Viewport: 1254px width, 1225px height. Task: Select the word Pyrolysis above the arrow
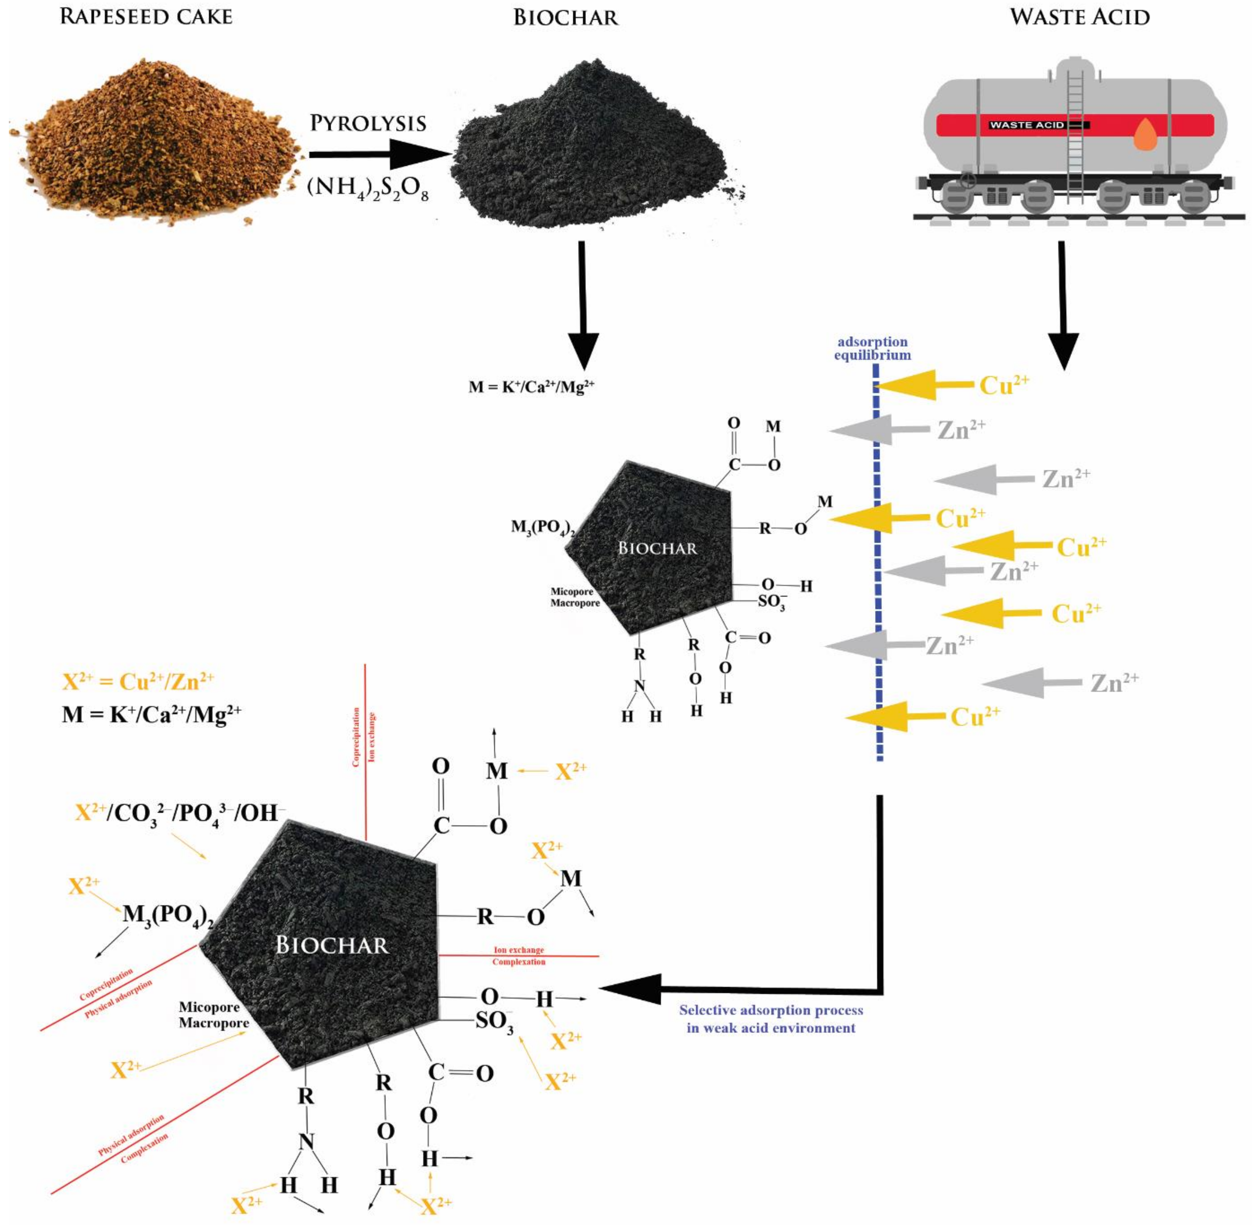click(368, 123)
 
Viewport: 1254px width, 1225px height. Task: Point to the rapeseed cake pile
click(154, 141)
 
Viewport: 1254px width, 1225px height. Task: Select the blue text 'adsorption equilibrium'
click(872, 348)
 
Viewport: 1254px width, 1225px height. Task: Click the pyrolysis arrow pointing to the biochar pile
click(380, 154)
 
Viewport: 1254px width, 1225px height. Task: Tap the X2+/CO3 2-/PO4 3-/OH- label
click(180, 813)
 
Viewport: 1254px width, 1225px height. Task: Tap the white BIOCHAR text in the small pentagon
click(657, 548)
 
